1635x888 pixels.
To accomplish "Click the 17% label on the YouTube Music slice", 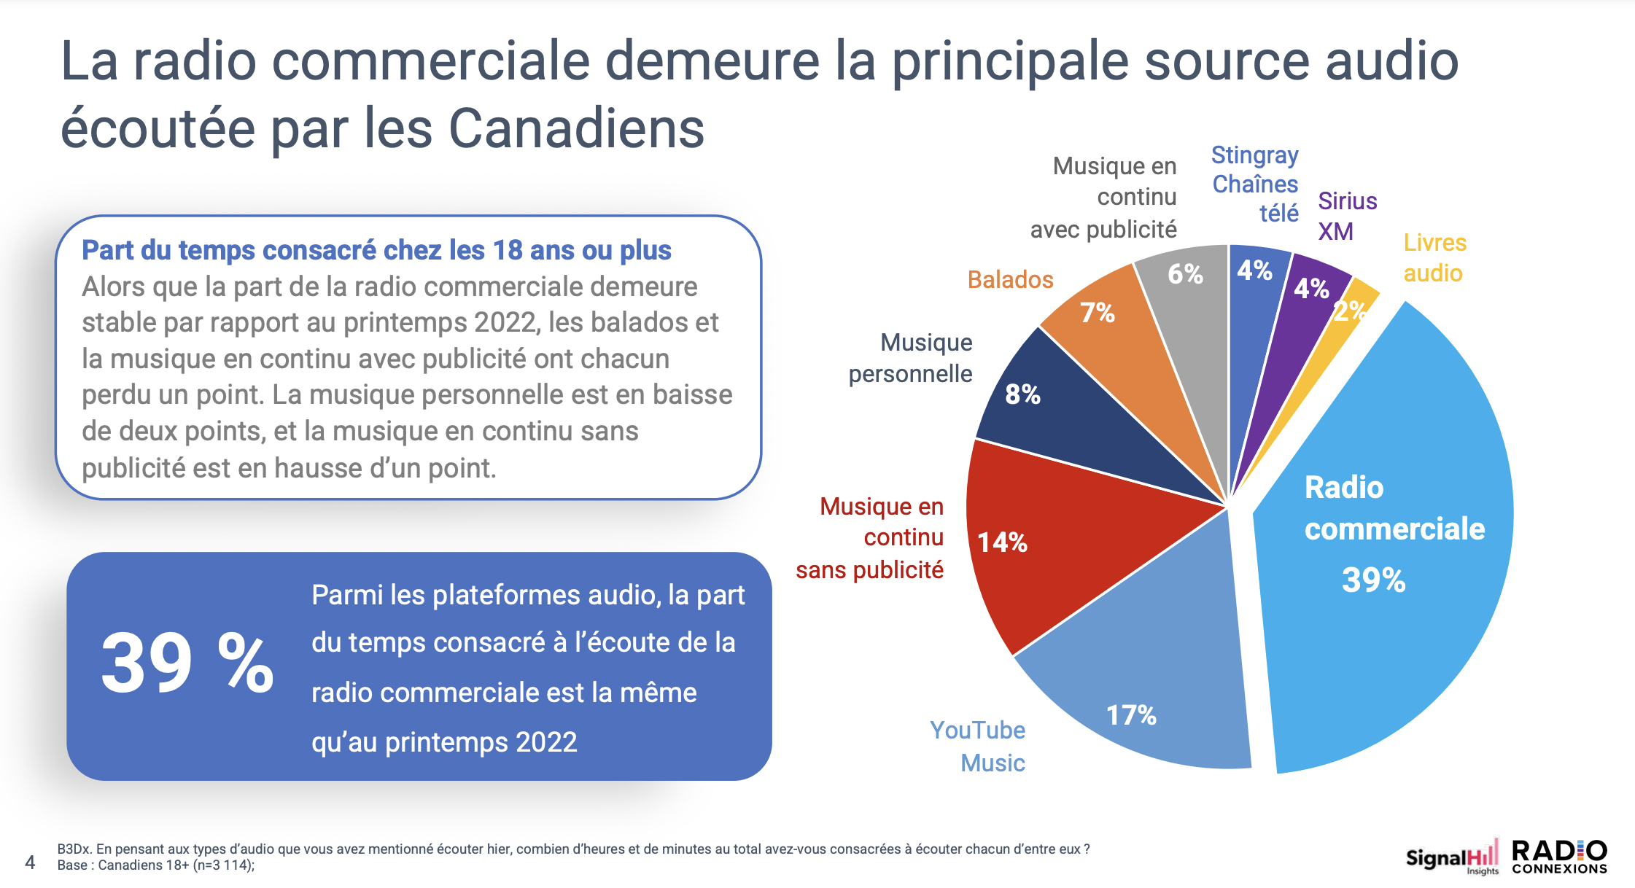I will coord(1131,715).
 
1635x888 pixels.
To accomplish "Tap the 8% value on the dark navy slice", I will coord(1022,394).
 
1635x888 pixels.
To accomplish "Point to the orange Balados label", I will coord(1010,279).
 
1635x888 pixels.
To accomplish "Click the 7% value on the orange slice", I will coord(1097,313).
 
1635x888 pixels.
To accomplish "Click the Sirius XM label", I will coord(1346,216).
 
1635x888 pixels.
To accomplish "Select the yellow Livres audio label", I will coord(1434,257).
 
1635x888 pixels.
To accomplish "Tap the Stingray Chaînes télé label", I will coord(1255,184).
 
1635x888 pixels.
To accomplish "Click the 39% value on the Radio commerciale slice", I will coord(1373,580).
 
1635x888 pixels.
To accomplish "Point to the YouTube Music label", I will coord(978,746).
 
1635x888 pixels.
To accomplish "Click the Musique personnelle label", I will coord(911,358).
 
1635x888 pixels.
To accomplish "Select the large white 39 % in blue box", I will coord(187,663).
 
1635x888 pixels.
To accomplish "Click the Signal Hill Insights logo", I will coord(1451,857).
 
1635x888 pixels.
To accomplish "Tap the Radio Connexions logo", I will coord(1559,857).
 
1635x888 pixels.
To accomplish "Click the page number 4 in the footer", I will coord(30,862).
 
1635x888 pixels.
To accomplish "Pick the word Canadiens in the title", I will coord(576,128).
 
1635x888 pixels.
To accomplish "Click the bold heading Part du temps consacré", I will coord(376,250).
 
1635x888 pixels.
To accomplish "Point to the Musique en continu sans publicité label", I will coord(871,537).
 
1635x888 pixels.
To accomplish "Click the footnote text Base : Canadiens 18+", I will coord(156,865).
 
